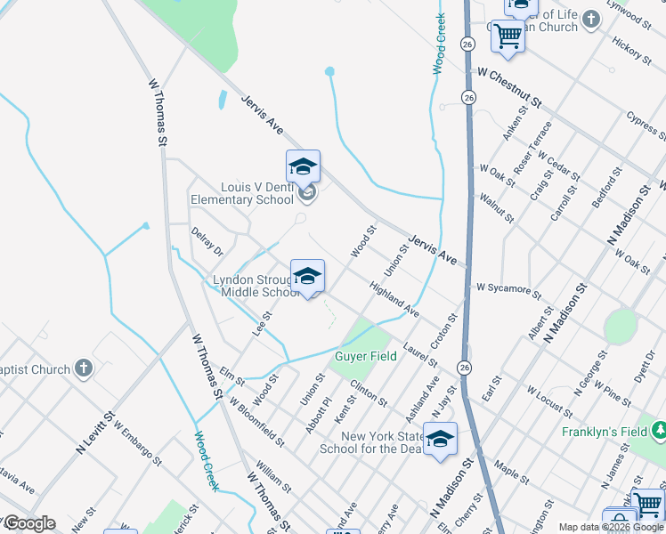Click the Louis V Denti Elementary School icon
pyautogui.click(x=303, y=166)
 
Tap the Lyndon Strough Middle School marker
pyautogui.click(x=307, y=276)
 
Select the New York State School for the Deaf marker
pyautogui.click(x=440, y=440)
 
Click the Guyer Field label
pyautogui.click(x=365, y=356)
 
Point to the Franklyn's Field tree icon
pyautogui.click(x=660, y=432)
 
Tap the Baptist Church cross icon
pyautogui.click(x=83, y=368)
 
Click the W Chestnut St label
pyautogui.click(x=509, y=87)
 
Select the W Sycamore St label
pyautogui.click(x=508, y=288)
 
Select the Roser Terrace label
pyautogui.click(x=533, y=146)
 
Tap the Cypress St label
pyautogui.click(x=646, y=125)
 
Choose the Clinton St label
pyautogui.click(x=369, y=392)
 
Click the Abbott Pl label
pyautogui.click(x=318, y=416)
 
